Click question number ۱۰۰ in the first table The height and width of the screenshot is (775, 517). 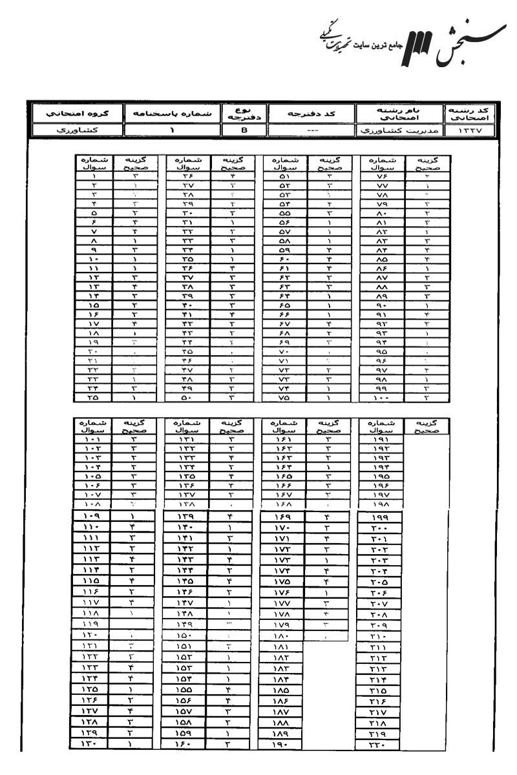click(379, 398)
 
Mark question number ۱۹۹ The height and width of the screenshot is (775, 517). click(379, 517)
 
